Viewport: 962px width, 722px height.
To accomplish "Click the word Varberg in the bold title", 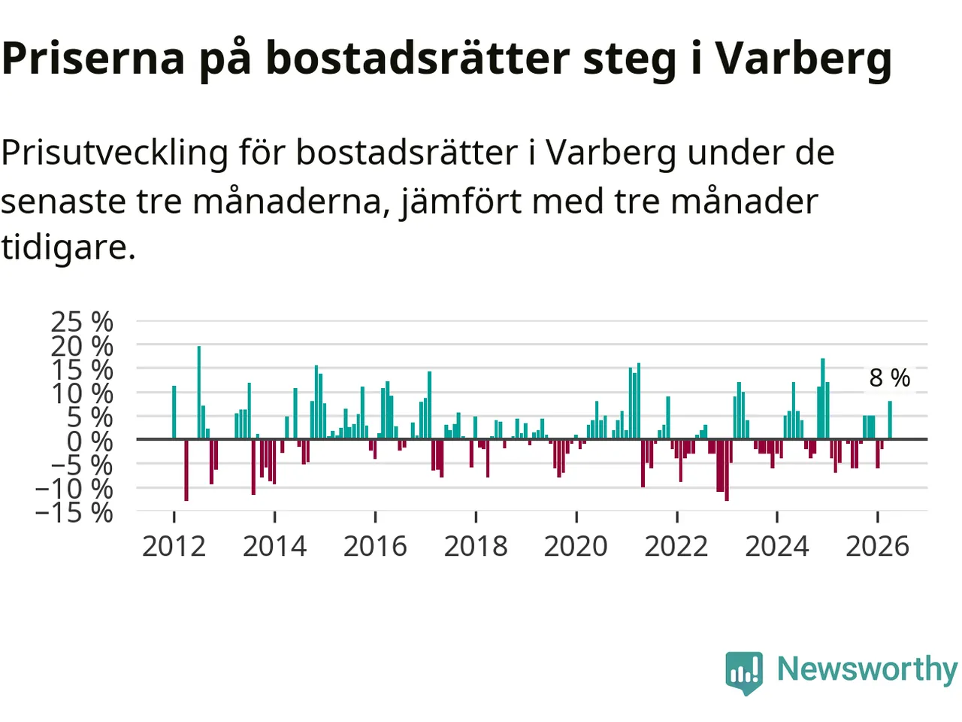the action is [803, 59].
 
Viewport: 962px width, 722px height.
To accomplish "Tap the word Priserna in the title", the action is [93, 59].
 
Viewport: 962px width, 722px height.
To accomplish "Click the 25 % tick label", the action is [82, 322].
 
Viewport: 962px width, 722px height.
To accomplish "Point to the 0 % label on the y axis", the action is [90, 441].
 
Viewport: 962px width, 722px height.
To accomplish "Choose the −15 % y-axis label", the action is [74, 512].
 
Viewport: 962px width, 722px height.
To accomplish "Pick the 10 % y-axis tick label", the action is [82, 393].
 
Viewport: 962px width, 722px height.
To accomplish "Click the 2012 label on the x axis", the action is [174, 547].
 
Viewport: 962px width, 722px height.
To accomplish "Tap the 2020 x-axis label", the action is [576, 547].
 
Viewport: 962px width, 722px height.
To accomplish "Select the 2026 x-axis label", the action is [877, 547].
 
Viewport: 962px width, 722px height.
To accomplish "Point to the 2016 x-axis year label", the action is [375, 547].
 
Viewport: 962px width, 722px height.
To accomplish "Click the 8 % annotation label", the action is [890, 378].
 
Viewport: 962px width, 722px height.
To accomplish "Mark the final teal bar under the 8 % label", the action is [890, 420].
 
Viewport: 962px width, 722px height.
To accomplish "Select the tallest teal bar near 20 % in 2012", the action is [199, 393].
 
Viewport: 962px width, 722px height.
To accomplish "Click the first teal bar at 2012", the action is [174, 412].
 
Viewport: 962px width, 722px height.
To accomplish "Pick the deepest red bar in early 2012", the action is [186, 469].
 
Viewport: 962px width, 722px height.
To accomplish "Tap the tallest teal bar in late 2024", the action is [823, 399].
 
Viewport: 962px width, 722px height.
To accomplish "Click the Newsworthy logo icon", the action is [744, 672].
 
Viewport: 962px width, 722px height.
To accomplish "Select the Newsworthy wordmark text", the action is [867, 670].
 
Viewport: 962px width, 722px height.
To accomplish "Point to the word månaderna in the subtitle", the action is [292, 202].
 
